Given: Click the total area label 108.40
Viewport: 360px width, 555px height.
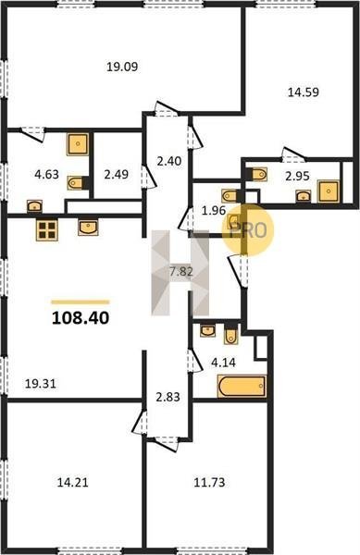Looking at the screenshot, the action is (81, 318).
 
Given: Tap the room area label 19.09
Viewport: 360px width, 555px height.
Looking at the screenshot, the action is (122, 67).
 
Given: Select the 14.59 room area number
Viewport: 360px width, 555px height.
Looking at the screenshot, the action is (304, 92).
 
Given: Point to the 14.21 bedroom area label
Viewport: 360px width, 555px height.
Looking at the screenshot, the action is (72, 482).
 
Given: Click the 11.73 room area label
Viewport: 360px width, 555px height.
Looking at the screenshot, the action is (209, 482).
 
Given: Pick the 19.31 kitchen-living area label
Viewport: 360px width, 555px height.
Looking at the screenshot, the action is (41, 383).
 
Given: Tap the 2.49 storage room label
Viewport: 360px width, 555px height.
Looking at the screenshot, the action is (116, 175).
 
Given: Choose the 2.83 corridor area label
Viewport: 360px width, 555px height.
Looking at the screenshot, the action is (168, 397).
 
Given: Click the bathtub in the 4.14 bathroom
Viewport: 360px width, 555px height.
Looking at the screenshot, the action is (242, 386).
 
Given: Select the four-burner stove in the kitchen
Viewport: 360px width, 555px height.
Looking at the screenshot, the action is (46, 230).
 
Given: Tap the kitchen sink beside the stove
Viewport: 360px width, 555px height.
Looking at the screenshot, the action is (88, 228).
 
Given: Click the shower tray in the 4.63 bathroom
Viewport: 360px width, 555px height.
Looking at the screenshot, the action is (78, 144).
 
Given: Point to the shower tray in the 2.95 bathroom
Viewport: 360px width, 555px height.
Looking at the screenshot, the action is (329, 191).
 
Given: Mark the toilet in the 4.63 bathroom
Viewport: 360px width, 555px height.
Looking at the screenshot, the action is (75, 182).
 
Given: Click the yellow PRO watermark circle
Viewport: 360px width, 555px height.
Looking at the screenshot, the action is (248, 230).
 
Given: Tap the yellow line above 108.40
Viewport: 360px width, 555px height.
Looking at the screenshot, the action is (81, 302).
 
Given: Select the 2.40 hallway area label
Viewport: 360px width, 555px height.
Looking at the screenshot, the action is (169, 161).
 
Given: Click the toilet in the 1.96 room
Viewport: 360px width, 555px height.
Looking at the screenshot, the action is (230, 195).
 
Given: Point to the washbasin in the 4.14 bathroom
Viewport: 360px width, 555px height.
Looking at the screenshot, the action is (207, 331).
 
